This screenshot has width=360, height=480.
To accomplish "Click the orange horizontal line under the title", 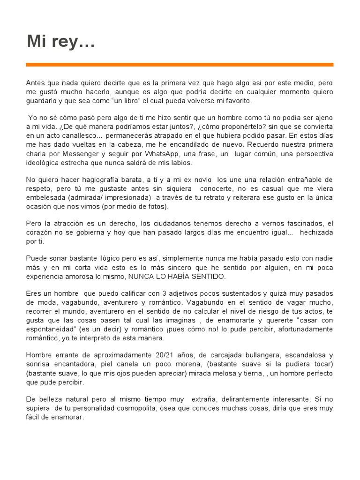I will (180, 65).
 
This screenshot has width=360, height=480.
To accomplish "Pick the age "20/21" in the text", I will (159, 355).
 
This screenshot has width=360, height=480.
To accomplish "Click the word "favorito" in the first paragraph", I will (238, 101).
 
